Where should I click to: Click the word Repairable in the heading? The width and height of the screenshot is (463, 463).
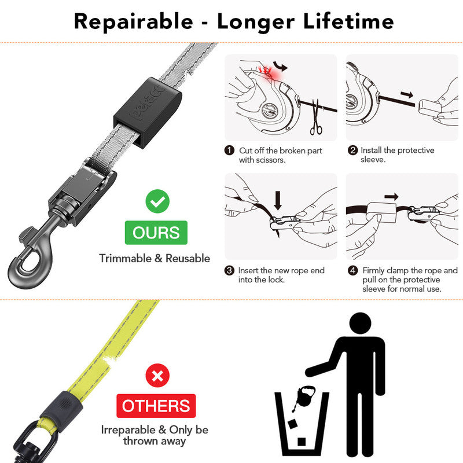134,21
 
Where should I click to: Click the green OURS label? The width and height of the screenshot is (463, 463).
156,233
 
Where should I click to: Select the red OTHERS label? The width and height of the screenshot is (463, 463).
156,406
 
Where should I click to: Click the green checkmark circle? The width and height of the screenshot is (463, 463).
156,202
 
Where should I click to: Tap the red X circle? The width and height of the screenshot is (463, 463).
157,377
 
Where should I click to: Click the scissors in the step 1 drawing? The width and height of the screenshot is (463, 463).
316,118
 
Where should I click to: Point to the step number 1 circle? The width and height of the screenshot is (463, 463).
230,150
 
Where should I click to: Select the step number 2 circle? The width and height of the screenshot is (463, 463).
352,150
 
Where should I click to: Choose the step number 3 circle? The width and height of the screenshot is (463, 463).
230,270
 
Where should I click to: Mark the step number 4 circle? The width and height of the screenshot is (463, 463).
352,270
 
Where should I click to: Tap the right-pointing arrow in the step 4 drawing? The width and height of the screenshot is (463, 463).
392,197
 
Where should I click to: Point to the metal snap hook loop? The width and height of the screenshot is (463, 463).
23,270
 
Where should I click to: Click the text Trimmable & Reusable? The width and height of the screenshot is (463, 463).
155,258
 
